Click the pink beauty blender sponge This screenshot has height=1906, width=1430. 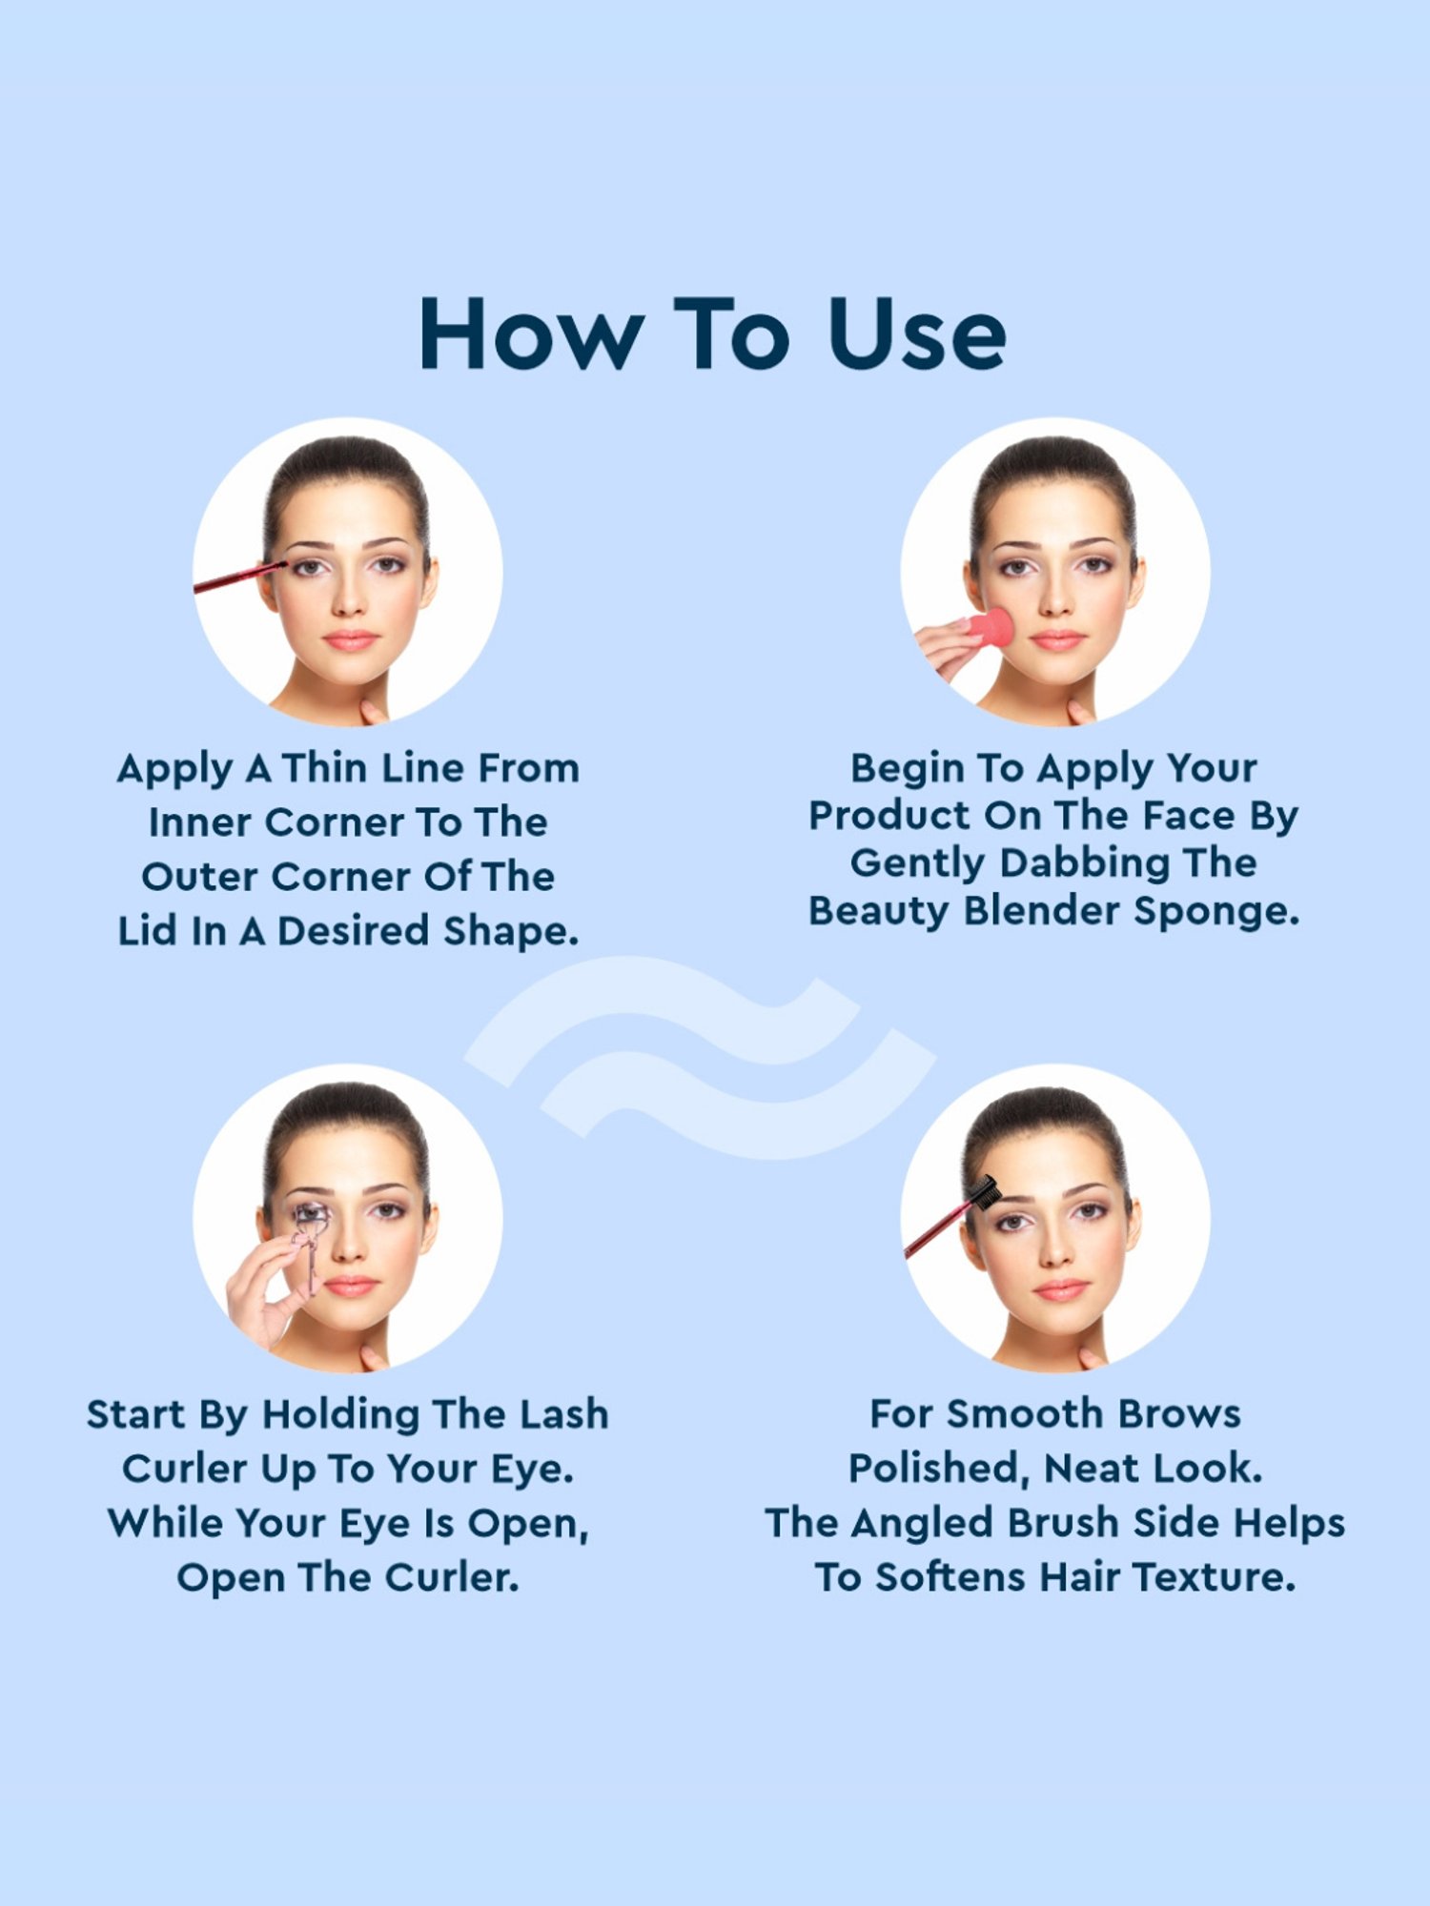[988, 628]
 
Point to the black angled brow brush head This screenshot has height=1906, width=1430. [982, 1191]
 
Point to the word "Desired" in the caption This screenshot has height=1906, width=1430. [353, 931]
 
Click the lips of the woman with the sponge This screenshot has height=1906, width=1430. [1057, 639]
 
